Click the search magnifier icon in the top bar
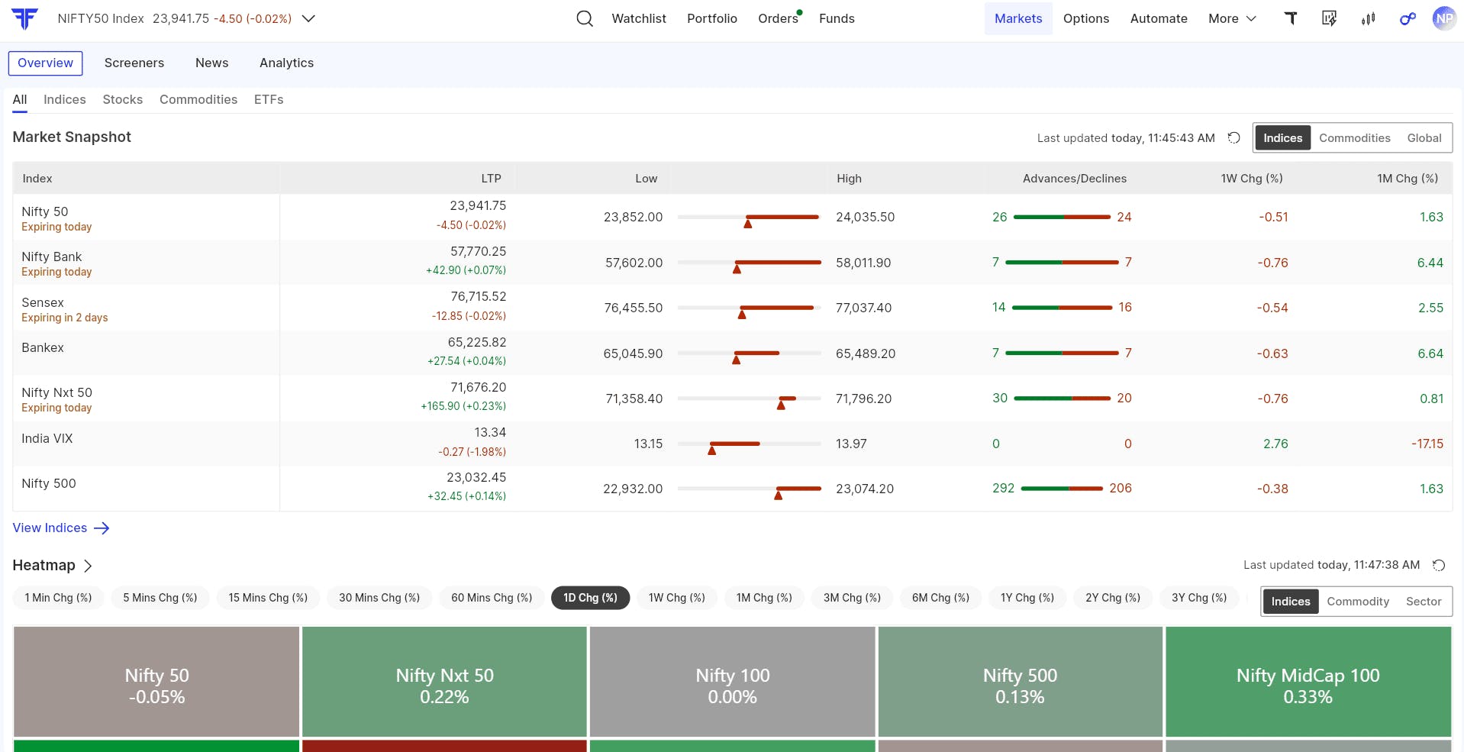[585, 18]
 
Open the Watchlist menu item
[639, 18]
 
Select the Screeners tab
[134, 63]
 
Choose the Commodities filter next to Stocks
[198, 99]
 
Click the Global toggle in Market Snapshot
[1424, 138]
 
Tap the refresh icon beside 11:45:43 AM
[1233, 138]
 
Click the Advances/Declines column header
[1075, 179]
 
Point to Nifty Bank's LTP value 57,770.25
[479, 251]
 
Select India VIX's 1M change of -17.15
[1427, 444]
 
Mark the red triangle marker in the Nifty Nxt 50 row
[781, 405]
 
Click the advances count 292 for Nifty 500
[1003, 489]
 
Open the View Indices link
[61, 528]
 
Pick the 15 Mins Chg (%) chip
[268, 598]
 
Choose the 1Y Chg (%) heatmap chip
[1027, 598]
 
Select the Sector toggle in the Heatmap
[1424, 602]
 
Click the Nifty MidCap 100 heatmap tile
[1308, 682]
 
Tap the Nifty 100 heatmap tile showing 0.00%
[733, 682]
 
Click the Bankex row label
[43, 347]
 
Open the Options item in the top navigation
[1086, 18]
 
